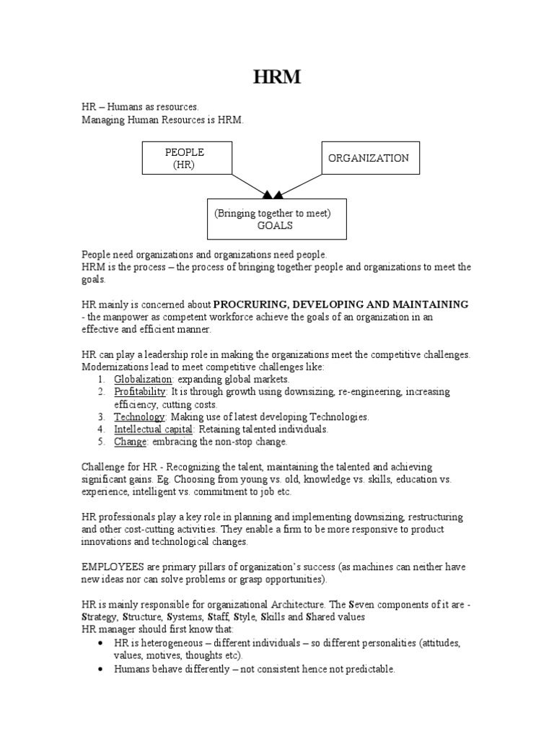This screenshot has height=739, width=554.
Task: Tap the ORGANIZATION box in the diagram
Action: tap(369, 158)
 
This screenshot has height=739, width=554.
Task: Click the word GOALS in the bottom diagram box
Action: tap(278, 225)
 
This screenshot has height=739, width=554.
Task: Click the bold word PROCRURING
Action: tap(251, 305)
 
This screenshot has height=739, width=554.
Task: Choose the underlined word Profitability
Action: tap(140, 391)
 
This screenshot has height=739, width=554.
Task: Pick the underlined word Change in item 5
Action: tap(130, 441)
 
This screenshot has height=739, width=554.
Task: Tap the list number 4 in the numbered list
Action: tap(102, 429)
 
